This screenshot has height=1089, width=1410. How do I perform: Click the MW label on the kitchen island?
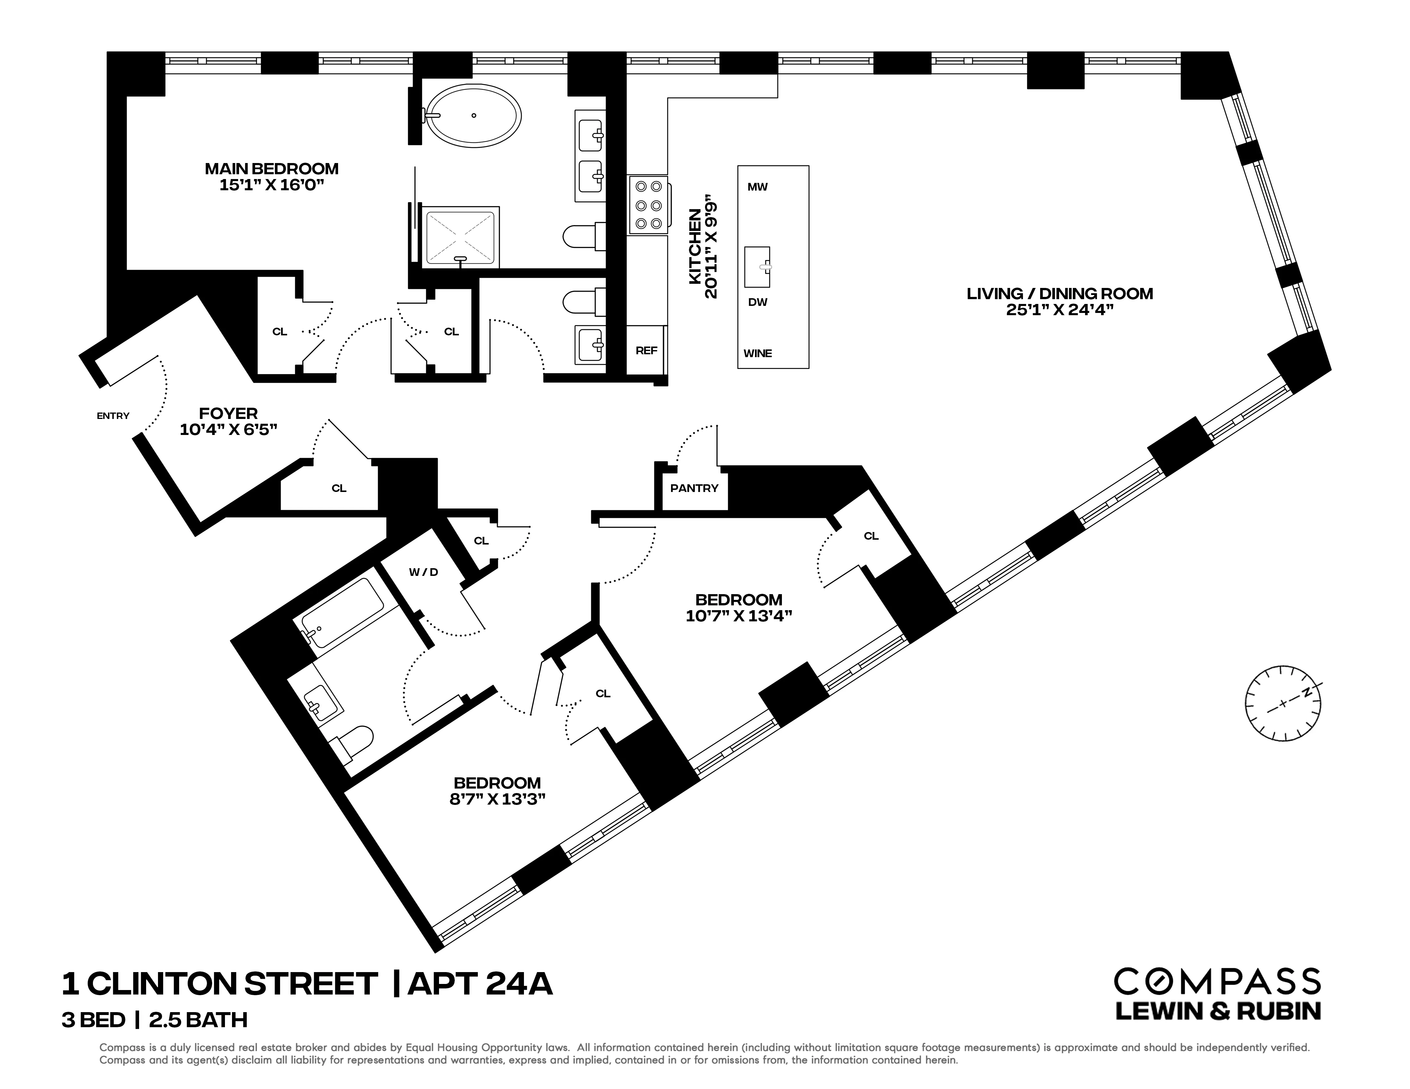coord(757,187)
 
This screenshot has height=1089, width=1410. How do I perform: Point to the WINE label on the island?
coord(757,354)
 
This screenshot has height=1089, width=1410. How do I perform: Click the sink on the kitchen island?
coord(757,266)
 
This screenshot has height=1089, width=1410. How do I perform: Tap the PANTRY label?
coord(694,488)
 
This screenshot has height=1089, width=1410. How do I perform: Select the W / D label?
coord(424,572)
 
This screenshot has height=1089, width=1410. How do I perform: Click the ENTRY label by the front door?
coord(113,416)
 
